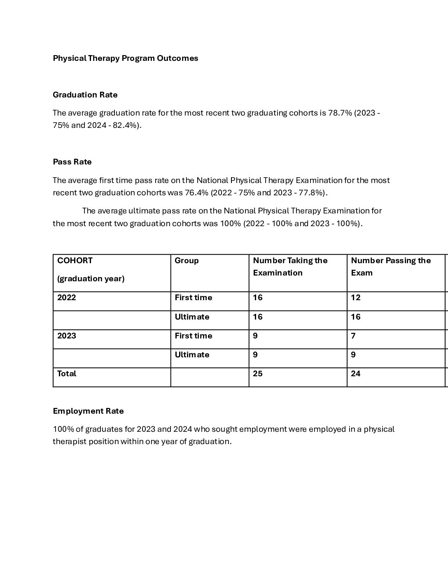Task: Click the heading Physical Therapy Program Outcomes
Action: click(x=125, y=58)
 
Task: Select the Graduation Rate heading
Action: click(x=85, y=95)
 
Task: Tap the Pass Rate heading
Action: click(x=72, y=162)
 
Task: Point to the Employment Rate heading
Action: click(x=88, y=411)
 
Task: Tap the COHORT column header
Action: click(x=75, y=260)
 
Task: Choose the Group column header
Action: click(x=187, y=260)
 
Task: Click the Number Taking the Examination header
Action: click(x=290, y=266)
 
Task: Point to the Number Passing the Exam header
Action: click(x=390, y=266)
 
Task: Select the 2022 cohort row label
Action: click(x=67, y=297)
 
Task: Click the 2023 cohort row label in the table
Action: click(x=67, y=336)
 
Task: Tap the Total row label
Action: click(x=67, y=373)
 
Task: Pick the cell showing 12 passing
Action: click(x=356, y=297)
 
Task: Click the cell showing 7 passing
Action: click(x=353, y=336)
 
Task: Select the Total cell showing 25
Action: click(x=258, y=373)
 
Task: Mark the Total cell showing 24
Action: click(x=356, y=373)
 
